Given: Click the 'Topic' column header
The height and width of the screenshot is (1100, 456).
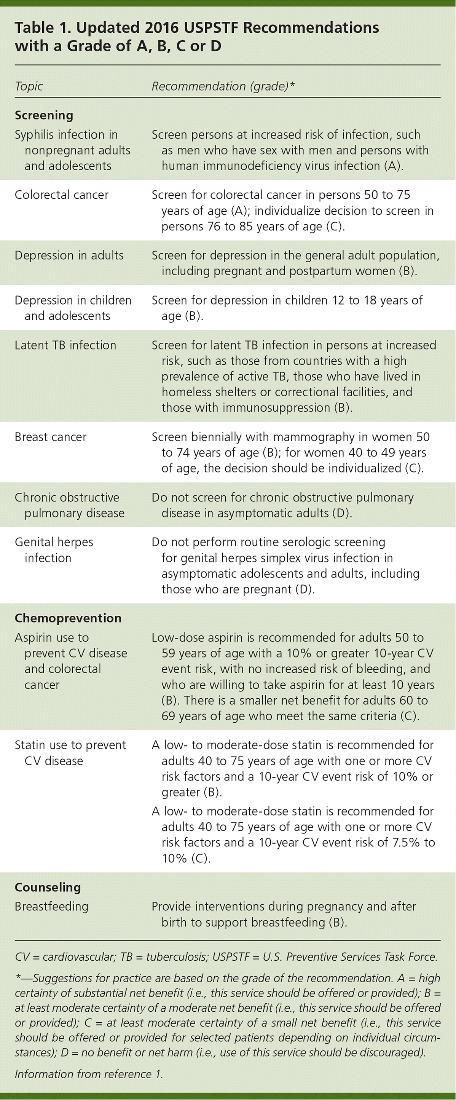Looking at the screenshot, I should click(x=29, y=86).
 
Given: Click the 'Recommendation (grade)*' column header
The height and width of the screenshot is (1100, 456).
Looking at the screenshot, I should click(x=223, y=86).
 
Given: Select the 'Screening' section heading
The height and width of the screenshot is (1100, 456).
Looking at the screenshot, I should click(x=44, y=115).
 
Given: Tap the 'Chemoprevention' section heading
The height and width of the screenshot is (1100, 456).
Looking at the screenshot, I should click(x=68, y=618).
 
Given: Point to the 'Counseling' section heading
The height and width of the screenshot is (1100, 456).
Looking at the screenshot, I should click(x=48, y=887).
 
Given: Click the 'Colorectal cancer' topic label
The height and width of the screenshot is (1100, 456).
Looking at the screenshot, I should click(x=62, y=195).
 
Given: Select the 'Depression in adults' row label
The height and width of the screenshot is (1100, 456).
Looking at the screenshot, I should click(x=69, y=255).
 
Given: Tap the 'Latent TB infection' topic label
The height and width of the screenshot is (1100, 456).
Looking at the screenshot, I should click(x=65, y=345).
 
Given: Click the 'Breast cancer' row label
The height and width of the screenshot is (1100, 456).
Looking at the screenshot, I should click(x=50, y=437).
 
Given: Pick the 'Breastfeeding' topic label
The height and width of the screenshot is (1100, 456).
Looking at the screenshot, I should click(x=51, y=906).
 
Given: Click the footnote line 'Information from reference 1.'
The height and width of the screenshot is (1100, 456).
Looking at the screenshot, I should click(x=89, y=1074).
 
